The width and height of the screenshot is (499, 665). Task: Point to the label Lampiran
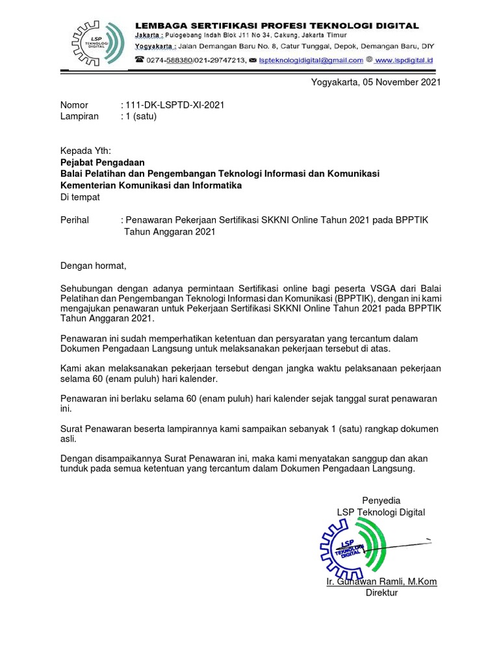(x=79, y=116)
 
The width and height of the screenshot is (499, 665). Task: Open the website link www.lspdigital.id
(x=403, y=60)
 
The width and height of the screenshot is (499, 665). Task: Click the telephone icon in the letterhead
(x=139, y=60)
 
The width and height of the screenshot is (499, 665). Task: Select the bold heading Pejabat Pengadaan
(x=103, y=162)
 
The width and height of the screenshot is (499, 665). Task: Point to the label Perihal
(x=75, y=220)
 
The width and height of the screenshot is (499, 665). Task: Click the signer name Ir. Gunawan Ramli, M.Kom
(x=381, y=581)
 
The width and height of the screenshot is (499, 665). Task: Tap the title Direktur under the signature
(x=381, y=593)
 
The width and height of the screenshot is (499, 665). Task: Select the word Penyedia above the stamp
(x=381, y=500)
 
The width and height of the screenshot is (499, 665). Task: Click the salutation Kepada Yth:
(x=86, y=151)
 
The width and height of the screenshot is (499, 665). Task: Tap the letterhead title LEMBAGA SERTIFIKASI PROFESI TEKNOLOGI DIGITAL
(x=277, y=25)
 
